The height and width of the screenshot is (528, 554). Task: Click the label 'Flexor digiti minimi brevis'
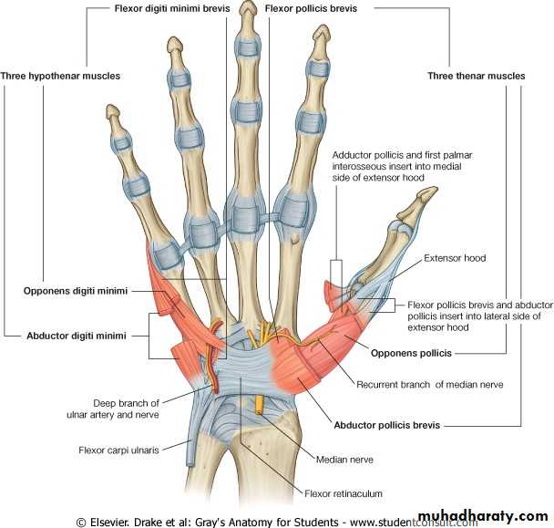[172, 8]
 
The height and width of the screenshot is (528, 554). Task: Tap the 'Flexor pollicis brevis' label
[311, 8]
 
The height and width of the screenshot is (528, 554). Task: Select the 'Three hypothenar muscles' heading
[60, 76]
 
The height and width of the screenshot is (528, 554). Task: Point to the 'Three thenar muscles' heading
[477, 76]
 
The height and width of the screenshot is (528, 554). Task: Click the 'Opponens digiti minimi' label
[76, 291]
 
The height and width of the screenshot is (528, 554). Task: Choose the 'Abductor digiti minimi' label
[77, 336]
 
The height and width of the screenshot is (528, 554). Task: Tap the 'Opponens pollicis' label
[411, 353]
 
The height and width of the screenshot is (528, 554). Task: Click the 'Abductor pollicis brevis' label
[387, 425]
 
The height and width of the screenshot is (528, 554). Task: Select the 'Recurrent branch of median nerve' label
[430, 385]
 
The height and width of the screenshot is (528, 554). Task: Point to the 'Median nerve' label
[344, 460]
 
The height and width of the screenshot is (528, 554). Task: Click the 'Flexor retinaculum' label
[344, 493]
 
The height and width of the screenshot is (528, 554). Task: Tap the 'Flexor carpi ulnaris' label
[118, 450]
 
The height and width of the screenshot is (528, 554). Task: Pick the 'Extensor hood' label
[455, 258]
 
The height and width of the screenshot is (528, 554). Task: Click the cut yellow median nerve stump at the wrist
[260, 405]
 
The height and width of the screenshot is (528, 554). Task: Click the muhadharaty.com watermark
[483, 516]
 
